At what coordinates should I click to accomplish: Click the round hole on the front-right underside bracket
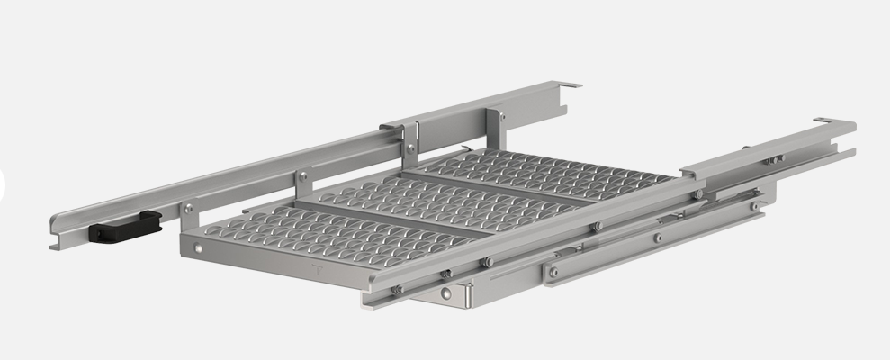click(445, 293)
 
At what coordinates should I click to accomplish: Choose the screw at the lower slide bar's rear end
click(754, 206)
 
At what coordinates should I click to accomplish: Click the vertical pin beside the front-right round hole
click(467, 293)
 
